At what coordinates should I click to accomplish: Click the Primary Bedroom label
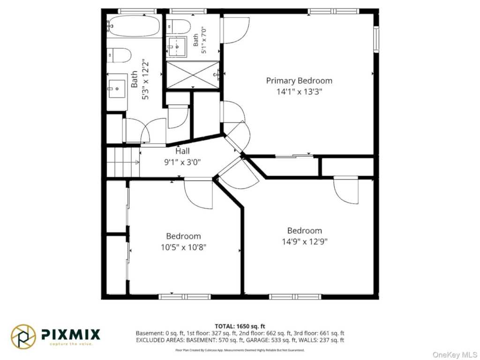coord(299,81)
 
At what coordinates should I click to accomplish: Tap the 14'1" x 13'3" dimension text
coord(299,91)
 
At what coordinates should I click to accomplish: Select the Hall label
coord(182,151)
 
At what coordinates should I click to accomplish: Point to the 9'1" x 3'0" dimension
coord(182,162)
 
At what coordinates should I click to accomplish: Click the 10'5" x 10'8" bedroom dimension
coord(184,247)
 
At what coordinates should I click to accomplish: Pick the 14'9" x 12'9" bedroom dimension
coord(305,241)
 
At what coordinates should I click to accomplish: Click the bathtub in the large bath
coord(134,26)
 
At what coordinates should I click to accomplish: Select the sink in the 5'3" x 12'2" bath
coord(117,89)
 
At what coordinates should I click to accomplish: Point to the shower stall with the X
coord(193,75)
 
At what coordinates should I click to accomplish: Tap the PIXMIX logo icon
coord(23,337)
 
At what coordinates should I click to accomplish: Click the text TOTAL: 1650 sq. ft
coord(240,326)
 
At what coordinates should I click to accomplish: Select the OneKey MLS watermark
coord(455,354)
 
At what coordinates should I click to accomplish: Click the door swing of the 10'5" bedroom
coord(198,195)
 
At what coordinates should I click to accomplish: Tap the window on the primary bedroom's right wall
coord(376,39)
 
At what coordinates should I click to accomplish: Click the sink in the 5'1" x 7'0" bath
coord(177,47)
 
